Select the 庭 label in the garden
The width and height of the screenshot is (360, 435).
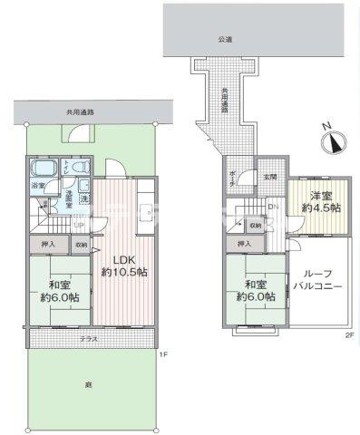(x=89, y=385)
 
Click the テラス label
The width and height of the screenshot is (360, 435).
(x=88, y=338)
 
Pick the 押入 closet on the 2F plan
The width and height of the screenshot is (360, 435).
(x=243, y=245)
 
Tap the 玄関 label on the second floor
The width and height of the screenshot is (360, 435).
(x=270, y=176)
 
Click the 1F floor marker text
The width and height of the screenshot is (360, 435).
(x=164, y=353)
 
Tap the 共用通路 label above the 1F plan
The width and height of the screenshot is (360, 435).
(x=80, y=112)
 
